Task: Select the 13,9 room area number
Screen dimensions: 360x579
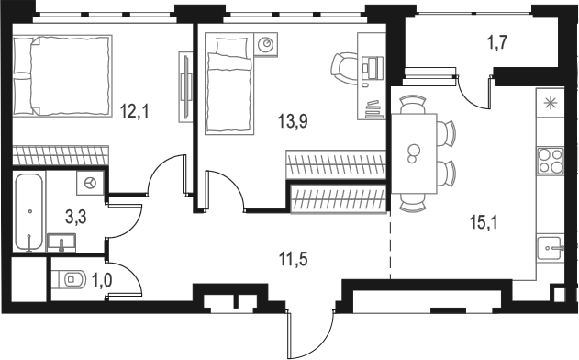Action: pos(292,119)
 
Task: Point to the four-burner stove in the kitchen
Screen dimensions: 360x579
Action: pos(549,161)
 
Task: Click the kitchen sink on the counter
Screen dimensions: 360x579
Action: pos(551,247)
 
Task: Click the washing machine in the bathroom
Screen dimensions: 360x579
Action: pos(90,183)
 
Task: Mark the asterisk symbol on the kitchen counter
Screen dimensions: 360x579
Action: pos(550,102)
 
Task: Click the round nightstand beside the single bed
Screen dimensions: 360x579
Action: pos(266,43)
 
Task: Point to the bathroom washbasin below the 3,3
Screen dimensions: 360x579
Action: pos(61,242)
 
